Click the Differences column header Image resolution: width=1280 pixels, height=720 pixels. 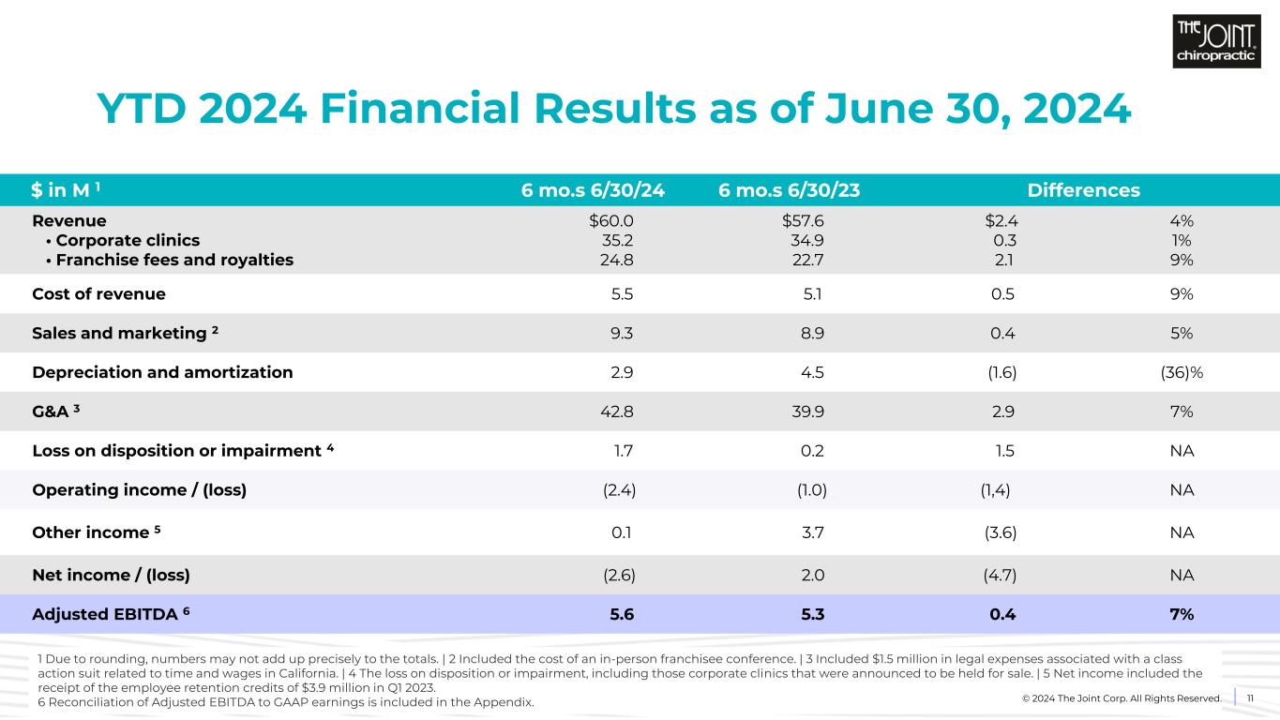coord(1083,190)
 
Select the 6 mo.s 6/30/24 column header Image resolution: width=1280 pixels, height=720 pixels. coord(593,190)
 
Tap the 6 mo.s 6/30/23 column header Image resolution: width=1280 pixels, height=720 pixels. coord(789,190)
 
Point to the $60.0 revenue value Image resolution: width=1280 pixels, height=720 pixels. coord(612,221)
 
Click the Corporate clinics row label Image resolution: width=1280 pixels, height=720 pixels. coord(122,241)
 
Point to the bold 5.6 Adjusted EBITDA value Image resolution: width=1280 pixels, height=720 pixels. coord(622,614)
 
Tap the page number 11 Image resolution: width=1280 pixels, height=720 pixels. coord(1249,697)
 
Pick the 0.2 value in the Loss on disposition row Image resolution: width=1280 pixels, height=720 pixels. coord(813,451)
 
